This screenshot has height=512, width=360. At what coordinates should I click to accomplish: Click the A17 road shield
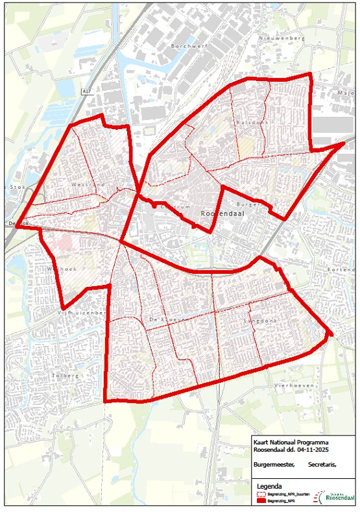pos(86,92)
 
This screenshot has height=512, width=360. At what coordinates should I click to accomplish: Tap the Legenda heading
pos(270,485)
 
